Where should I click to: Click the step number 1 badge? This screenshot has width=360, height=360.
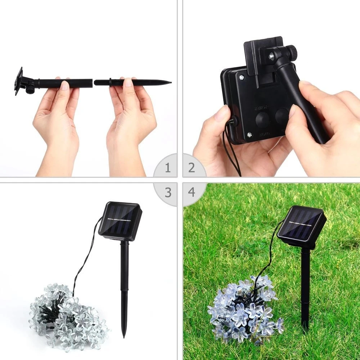coord(168,168)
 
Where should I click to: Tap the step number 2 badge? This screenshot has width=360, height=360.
coord(192,168)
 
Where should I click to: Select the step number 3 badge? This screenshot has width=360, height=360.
coord(168,192)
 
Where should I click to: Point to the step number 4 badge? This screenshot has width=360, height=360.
coord(192,192)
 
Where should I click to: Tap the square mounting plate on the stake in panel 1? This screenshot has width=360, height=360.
coord(19,81)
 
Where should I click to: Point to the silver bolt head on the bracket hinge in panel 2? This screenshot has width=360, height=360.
coord(270,56)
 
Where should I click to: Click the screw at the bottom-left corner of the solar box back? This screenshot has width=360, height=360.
coord(249,135)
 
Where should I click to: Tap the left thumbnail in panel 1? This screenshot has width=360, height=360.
coord(65,86)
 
